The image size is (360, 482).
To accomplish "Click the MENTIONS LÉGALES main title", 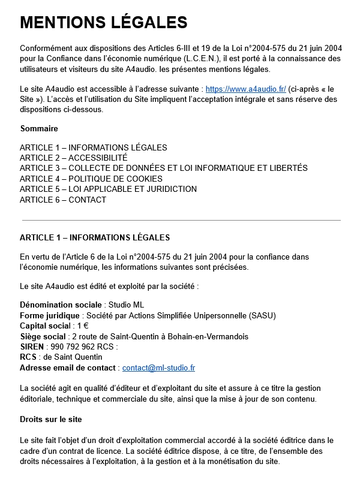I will [x=103, y=22].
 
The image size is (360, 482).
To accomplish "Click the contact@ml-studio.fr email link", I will [x=158, y=367].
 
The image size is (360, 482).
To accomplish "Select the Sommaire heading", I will [x=39, y=128].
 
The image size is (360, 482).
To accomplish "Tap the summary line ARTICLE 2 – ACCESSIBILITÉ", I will [x=73, y=158].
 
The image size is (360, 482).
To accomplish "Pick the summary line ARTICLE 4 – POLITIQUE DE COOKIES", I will [x=91, y=179].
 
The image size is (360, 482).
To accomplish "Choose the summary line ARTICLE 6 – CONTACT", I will [x=63, y=200].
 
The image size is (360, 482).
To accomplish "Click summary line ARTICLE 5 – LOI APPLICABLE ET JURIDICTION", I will [x=108, y=189].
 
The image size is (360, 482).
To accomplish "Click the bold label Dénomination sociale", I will [x=61, y=305].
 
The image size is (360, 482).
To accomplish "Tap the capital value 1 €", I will [x=83, y=326].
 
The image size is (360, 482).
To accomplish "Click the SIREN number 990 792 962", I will [x=71, y=347].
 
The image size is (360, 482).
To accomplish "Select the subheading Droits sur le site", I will [x=50, y=418].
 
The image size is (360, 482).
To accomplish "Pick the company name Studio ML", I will [x=126, y=305].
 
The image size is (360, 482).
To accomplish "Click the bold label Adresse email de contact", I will [x=68, y=367].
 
